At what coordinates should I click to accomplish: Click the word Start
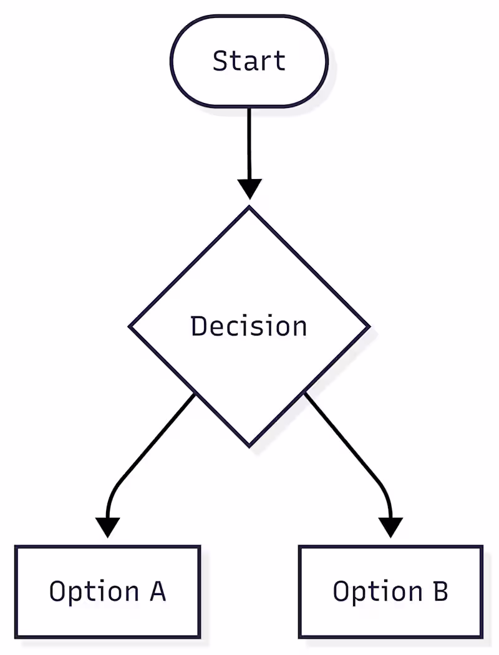point(249,61)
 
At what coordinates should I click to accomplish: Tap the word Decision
point(249,326)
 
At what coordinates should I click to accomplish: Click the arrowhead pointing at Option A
point(108,527)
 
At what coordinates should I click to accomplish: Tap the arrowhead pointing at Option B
point(391,527)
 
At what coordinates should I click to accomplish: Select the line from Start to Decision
point(249,143)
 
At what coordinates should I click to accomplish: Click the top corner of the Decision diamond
point(249,208)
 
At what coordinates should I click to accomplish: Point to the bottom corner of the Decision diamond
point(249,445)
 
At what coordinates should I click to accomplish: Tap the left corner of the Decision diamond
point(130,326)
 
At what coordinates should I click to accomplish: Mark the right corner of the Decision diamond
point(369,326)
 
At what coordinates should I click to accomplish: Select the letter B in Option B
point(440,591)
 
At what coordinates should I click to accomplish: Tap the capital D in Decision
point(198,326)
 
